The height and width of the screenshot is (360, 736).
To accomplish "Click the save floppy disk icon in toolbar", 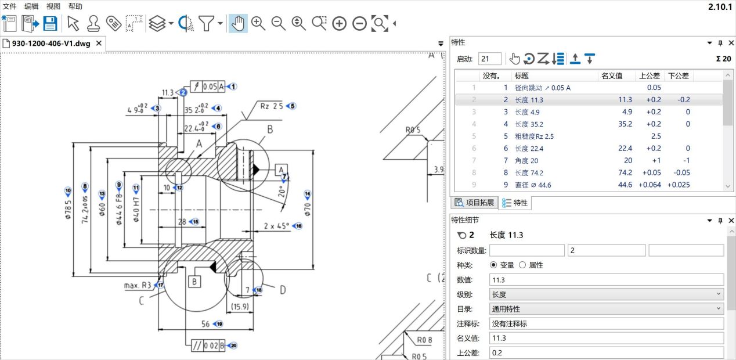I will tap(50, 23).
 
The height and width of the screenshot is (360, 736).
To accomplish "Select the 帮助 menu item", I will tap(75, 6).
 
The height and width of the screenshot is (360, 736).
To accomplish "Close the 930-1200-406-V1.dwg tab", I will tap(99, 44).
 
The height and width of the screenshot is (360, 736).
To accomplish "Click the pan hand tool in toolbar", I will tap(237, 23).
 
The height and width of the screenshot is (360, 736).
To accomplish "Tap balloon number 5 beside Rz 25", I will tap(292, 106).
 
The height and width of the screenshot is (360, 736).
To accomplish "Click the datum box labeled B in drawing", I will tap(194, 282).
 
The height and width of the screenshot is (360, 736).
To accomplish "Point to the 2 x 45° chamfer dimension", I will tap(276, 226).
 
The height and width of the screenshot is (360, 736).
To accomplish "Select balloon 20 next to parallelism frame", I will tap(233, 345).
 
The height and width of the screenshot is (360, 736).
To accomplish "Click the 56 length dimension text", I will tap(205, 324).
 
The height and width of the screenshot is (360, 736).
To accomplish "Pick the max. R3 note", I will tap(138, 286).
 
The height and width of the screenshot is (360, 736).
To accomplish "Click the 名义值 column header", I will tap(611, 75).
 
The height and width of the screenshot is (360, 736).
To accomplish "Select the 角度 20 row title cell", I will tap(526, 160).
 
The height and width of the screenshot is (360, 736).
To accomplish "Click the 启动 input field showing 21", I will tap(489, 59).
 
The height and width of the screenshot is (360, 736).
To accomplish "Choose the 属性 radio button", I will tap(522, 265).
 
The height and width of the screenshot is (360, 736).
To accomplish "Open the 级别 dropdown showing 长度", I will tap(607, 294).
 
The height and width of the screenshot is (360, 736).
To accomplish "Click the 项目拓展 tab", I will tap(475, 203).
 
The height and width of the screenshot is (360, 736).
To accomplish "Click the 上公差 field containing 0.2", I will tap(607, 353).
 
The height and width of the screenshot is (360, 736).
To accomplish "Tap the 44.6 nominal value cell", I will tap(625, 185).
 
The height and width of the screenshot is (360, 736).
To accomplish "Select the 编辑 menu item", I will tap(31, 6).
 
